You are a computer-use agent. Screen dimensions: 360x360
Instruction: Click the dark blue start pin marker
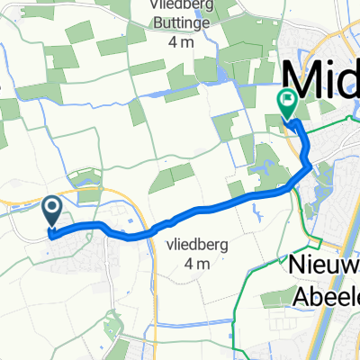point(51,212)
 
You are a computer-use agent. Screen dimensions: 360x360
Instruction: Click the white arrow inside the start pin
point(51,210)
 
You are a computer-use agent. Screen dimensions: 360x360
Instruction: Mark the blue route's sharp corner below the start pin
point(49,236)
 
